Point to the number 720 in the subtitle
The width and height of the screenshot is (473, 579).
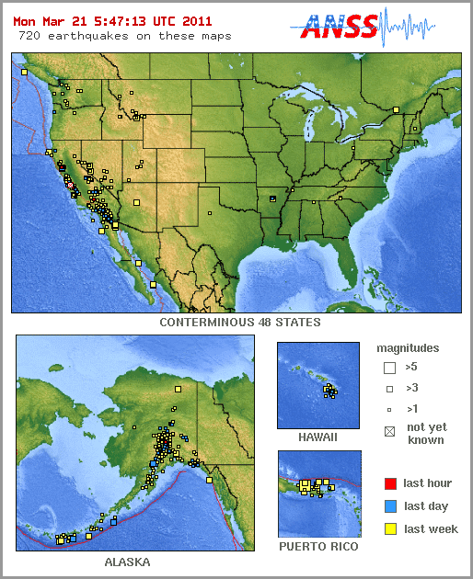tap(29, 36)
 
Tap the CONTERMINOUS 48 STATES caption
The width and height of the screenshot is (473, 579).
tap(240, 323)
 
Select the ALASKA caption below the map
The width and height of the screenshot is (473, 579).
tap(127, 562)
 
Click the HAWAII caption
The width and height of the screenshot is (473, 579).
tap(317, 437)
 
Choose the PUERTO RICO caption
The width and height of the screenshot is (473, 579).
tap(318, 547)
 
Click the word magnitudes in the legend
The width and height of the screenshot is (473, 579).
tap(408, 348)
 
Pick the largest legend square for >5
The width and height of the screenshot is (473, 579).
tap(390, 368)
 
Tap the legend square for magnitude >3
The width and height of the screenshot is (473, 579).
tap(390, 388)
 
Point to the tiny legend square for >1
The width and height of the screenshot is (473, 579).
tap(390, 409)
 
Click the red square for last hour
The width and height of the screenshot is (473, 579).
tap(390, 482)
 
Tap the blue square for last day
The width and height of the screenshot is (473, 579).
tap(390, 505)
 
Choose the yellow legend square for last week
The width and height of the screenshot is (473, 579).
tap(390, 528)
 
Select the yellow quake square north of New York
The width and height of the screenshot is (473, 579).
tap(396, 110)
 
